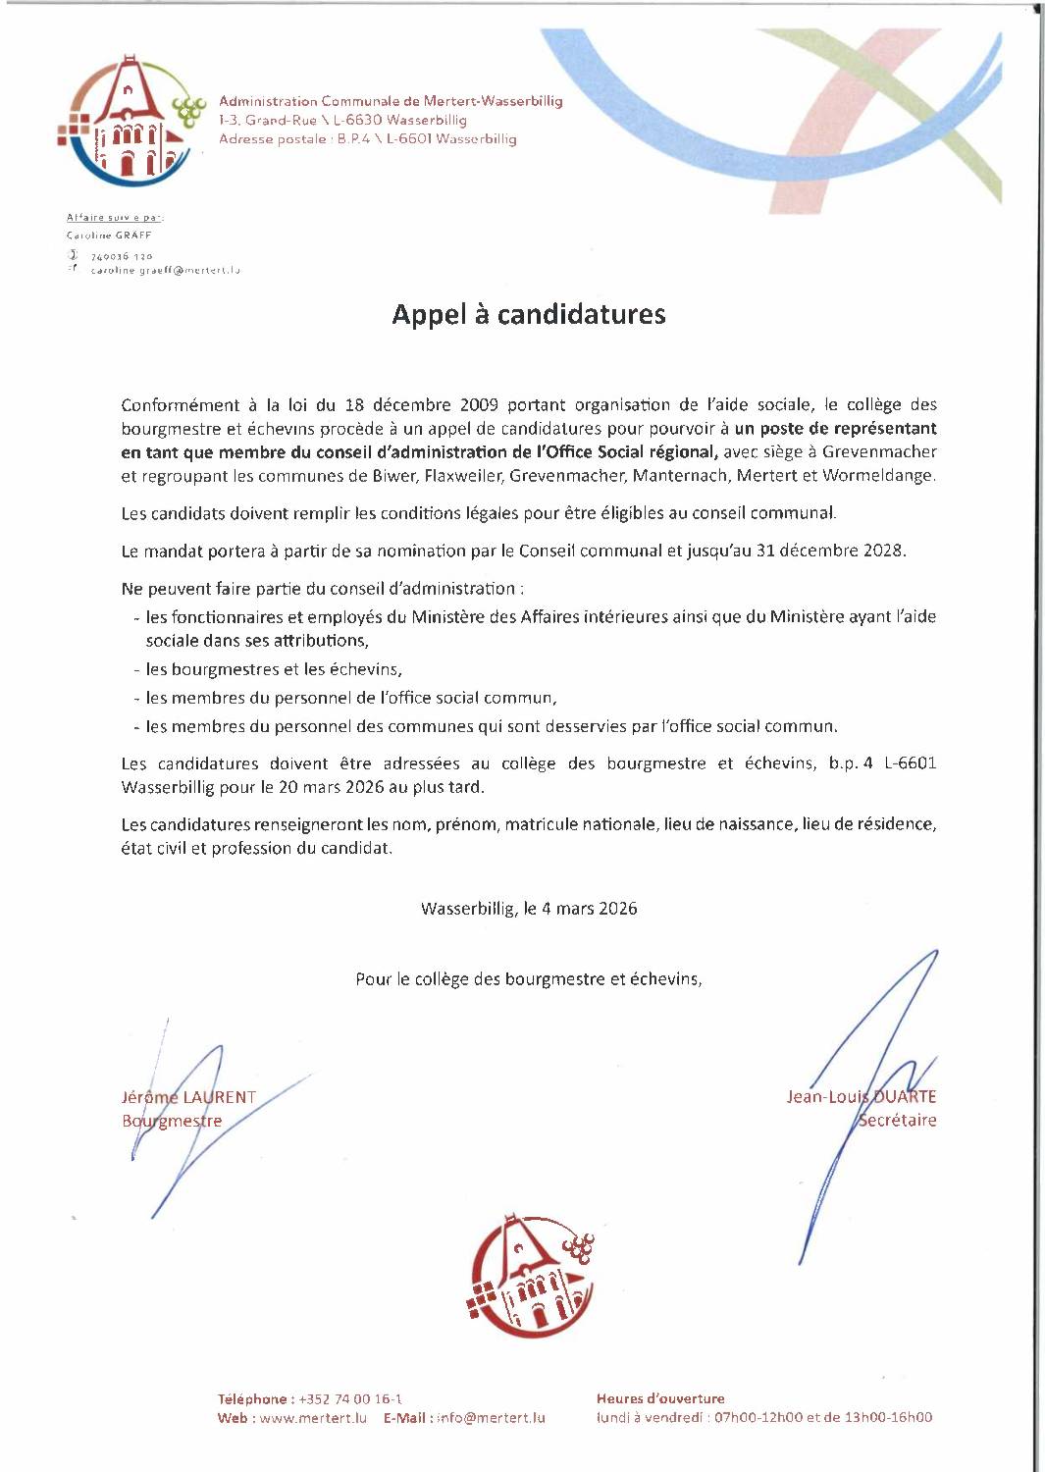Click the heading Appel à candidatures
coord(528,314)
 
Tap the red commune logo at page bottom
coord(531,1276)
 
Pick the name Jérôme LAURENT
coord(188,1097)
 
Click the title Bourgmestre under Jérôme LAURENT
coord(172,1121)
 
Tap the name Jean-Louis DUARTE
coord(861,1096)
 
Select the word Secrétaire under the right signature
coord(897,1120)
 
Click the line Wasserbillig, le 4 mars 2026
coord(529,909)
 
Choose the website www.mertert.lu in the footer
coord(313,1417)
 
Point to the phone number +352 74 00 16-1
coord(350,1398)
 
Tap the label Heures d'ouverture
coord(660,1398)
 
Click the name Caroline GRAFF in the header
coord(109,236)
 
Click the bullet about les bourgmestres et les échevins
coord(274,669)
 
